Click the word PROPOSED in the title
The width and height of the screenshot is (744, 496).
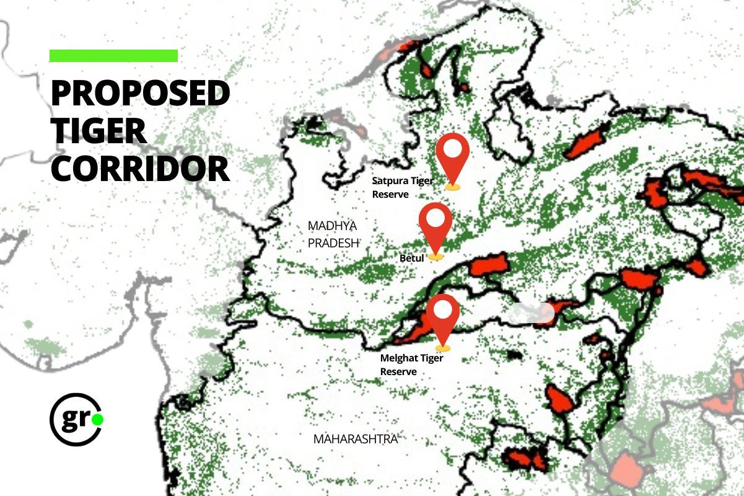(x=140, y=93)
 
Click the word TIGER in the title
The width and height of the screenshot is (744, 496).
(x=98, y=131)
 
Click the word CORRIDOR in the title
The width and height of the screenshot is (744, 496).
(x=140, y=169)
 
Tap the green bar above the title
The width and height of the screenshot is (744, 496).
(x=113, y=56)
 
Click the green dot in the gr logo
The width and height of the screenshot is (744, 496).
(x=97, y=420)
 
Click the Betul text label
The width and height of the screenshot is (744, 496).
(x=411, y=258)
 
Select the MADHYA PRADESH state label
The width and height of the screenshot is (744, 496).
(x=333, y=234)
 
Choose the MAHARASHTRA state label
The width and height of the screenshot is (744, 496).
(x=355, y=439)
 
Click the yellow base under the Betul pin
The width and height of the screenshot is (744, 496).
(x=436, y=256)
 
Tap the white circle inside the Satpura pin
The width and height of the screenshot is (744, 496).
(x=453, y=149)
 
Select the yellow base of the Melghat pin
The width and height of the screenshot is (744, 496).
(x=443, y=348)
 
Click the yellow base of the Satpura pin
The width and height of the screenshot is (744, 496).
(x=453, y=185)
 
